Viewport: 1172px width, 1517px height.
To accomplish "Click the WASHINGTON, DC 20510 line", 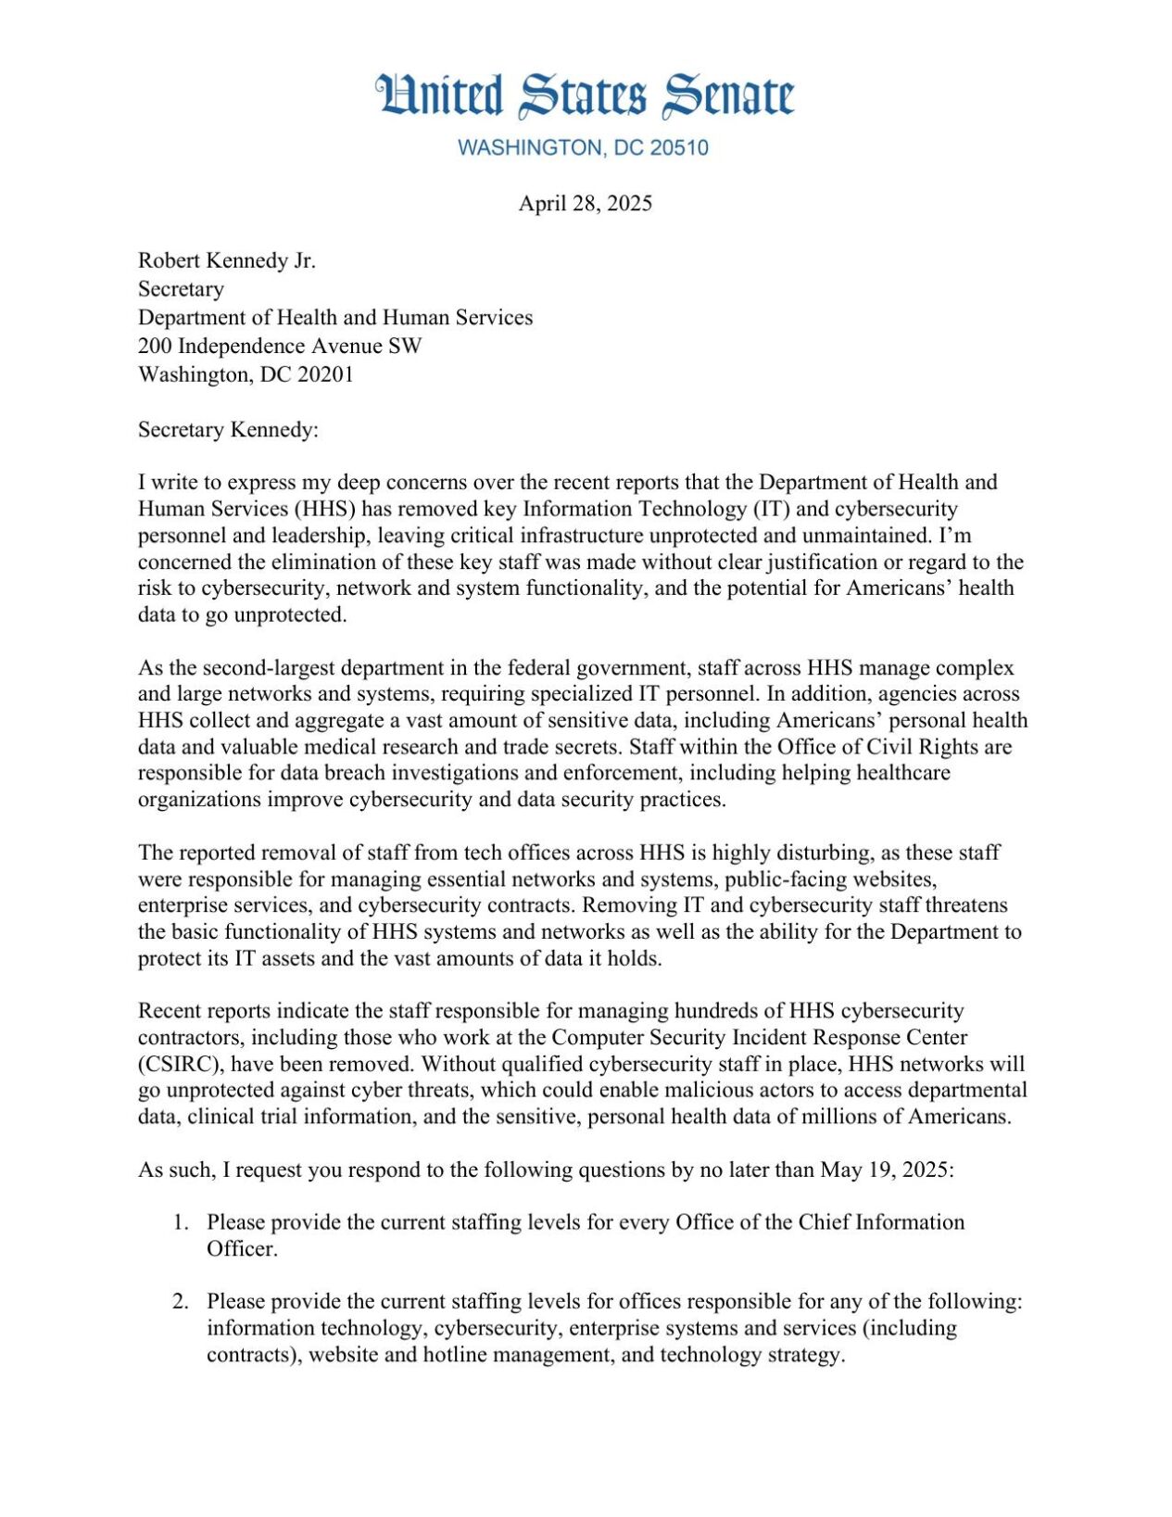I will (x=583, y=148).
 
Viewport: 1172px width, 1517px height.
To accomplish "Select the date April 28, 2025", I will (x=585, y=204).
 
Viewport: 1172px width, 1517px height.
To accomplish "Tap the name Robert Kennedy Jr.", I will (x=227, y=261).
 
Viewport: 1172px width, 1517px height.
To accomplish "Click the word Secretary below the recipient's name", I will (x=181, y=289).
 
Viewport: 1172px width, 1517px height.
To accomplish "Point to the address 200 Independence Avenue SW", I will (x=280, y=347).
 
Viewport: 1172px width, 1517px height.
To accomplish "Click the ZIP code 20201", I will (x=325, y=375).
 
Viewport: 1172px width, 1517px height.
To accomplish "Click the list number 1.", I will (x=181, y=1223).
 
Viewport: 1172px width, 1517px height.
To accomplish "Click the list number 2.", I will (x=181, y=1302).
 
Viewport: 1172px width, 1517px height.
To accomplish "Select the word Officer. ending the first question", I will (x=242, y=1249).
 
